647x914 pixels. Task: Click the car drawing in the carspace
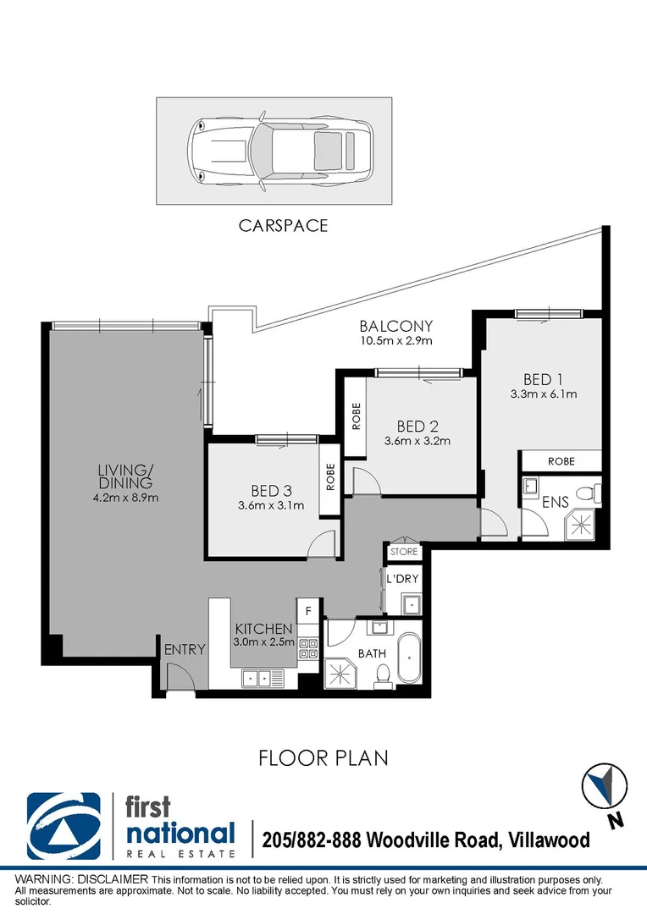point(279,151)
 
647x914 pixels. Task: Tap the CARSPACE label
point(283,226)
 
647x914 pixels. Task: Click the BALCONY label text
point(396,326)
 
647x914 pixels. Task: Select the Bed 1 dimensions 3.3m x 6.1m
point(544,394)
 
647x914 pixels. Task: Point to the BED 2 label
point(418,427)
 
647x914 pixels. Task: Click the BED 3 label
point(271,492)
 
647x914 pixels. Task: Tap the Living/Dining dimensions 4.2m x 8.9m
point(125,498)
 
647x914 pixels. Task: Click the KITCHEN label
point(263,629)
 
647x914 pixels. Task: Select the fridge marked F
point(308,611)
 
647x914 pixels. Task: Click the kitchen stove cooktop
point(308,648)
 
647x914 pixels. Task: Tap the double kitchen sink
point(263,679)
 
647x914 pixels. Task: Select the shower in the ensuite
point(581,526)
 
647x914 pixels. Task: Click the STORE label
point(404,552)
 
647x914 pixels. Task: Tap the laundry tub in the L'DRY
point(412,604)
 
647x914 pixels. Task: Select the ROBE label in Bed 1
point(561,461)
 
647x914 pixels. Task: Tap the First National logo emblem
point(64,826)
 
